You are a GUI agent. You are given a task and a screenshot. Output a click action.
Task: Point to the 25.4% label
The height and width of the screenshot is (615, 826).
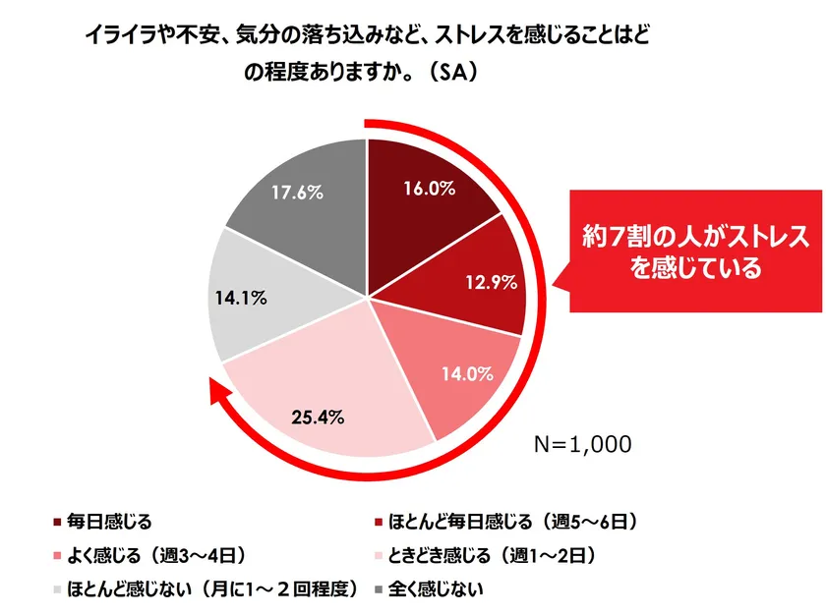[317, 417]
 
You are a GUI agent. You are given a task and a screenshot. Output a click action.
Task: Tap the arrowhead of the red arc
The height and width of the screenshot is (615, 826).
[219, 394]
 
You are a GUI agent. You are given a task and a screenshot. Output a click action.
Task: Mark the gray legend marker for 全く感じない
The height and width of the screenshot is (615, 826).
[379, 589]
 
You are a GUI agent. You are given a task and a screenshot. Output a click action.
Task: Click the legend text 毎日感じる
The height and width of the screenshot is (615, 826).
[108, 520]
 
